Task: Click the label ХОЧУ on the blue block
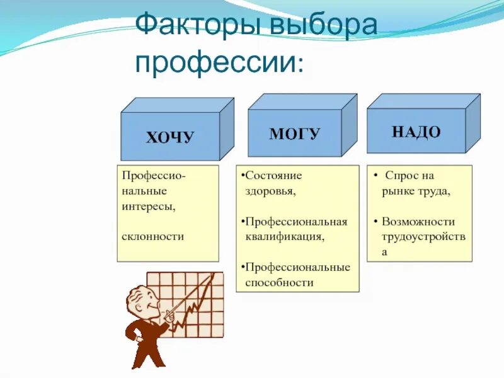pos(170,137)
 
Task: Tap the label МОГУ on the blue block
pos(294,134)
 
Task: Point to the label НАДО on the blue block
pos(416,132)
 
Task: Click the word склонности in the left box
pos(153,236)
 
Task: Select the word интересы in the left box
pos(149,205)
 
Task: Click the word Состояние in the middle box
pos(273,175)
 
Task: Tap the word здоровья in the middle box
pos(270,190)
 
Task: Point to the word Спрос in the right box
pos(401,176)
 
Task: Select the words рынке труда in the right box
pos(416,191)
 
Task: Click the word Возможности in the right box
pos(418,222)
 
